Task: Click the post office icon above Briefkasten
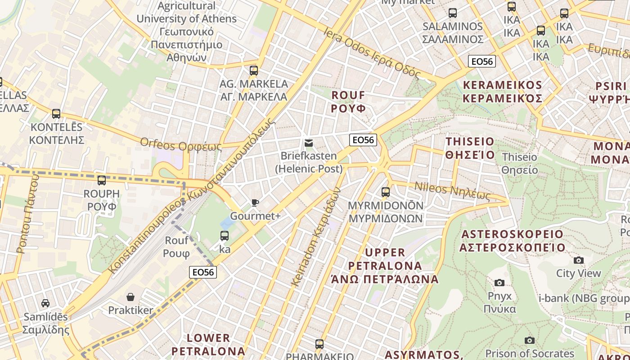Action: (x=309, y=143)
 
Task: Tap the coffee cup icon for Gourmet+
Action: (x=255, y=203)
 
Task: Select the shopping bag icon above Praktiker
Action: (x=130, y=297)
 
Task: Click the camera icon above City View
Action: (x=579, y=260)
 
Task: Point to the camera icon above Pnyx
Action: (x=499, y=283)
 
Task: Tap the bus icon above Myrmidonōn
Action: (x=386, y=192)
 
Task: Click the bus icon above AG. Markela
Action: (x=254, y=71)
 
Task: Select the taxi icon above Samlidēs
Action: (x=45, y=303)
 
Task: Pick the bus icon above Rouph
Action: (x=102, y=180)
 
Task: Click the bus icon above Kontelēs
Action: (x=56, y=114)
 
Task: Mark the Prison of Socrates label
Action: (x=530, y=353)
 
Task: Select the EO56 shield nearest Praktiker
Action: (x=203, y=272)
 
